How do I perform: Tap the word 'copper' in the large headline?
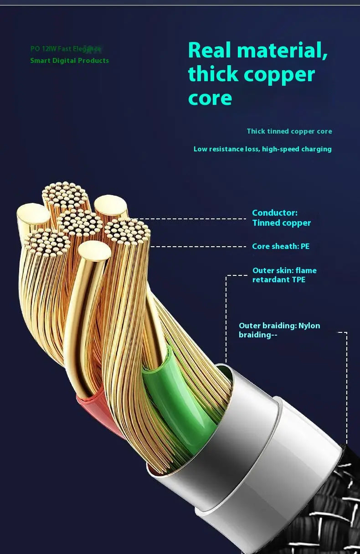(285, 74)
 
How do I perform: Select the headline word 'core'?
(210, 98)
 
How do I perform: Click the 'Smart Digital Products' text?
(69, 61)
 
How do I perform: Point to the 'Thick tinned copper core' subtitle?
(289, 131)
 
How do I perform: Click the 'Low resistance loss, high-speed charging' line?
(262, 149)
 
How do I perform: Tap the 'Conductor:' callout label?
(274, 213)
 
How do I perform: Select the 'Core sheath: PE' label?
(281, 246)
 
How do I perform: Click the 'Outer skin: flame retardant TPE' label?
(284, 275)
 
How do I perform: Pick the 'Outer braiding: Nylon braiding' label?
(279, 330)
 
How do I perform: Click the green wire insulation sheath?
(178, 401)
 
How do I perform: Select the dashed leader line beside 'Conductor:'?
(191, 219)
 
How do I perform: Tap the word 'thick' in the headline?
(213, 74)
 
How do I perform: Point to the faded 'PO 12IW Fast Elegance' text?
(66, 49)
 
